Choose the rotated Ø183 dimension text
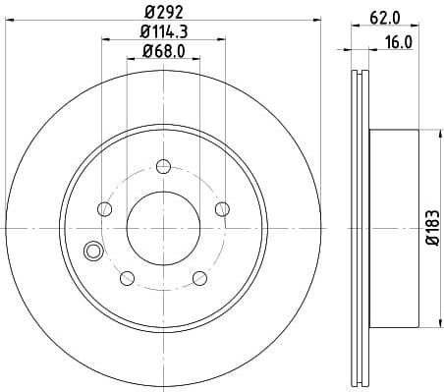click(433, 228)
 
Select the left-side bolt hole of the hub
click(104, 208)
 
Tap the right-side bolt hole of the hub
click(222, 208)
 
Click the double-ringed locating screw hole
click(93, 252)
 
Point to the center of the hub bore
click(163, 228)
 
